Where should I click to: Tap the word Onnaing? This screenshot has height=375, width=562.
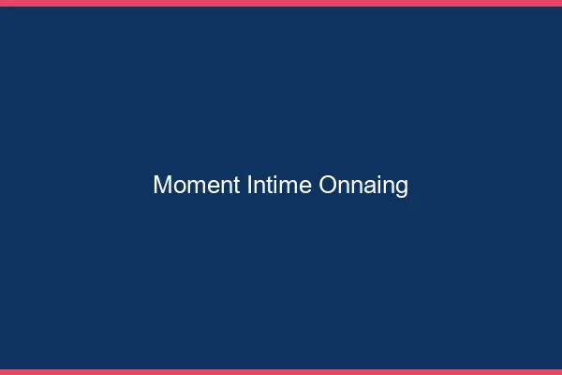(x=363, y=186)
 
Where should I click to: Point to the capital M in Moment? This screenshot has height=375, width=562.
(x=161, y=186)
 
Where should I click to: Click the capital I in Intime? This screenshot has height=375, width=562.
(x=249, y=186)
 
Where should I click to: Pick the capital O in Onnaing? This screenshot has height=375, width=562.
(x=328, y=186)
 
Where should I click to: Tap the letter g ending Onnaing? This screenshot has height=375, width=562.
(x=402, y=187)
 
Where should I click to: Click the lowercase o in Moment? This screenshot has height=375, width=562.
(x=177, y=187)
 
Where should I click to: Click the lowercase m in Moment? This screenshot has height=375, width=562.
(x=193, y=187)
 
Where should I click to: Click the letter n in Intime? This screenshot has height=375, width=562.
(x=259, y=187)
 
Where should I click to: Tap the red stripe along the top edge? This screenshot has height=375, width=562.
(x=281, y=3)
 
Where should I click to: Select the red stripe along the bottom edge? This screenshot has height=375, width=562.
(x=281, y=371)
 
